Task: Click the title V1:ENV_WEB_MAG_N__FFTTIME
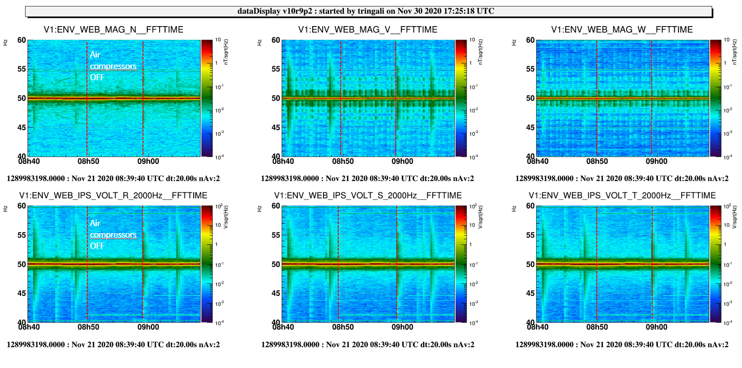113,30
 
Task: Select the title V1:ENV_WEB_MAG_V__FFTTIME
368,30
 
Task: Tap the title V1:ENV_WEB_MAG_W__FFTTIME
622,30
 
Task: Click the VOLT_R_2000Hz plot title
113,196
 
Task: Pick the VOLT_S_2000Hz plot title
368,196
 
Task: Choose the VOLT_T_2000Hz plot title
622,196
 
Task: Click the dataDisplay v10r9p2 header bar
369,11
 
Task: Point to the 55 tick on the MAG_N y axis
21,69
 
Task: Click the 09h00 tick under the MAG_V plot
402,161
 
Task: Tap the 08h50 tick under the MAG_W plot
597,161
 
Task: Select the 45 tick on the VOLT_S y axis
276,293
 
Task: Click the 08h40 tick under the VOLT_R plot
29,327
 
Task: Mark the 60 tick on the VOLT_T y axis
530,206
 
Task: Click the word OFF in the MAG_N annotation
97,77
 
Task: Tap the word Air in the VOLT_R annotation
95,223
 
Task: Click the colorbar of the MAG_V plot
461,98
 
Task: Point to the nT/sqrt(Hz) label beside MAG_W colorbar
735,52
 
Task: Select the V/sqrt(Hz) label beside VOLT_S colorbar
481,217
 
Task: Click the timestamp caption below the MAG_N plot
113,179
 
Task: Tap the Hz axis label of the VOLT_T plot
514,208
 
